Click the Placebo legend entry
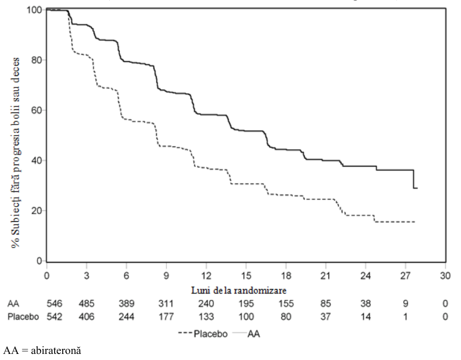(203, 334)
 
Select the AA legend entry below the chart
(246, 334)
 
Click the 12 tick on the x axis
(206, 275)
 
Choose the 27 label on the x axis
(405, 275)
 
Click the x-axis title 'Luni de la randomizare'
(239, 291)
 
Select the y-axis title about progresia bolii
(16, 152)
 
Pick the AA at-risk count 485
(87, 303)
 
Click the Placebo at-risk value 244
(127, 317)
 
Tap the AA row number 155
(286, 303)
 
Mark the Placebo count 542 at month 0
(54, 317)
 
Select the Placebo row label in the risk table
(23, 317)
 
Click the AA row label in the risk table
(13, 303)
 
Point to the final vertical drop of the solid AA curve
(413, 179)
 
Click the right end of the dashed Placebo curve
(415, 222)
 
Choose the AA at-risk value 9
(405, 303)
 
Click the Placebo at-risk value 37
(326, 317)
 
